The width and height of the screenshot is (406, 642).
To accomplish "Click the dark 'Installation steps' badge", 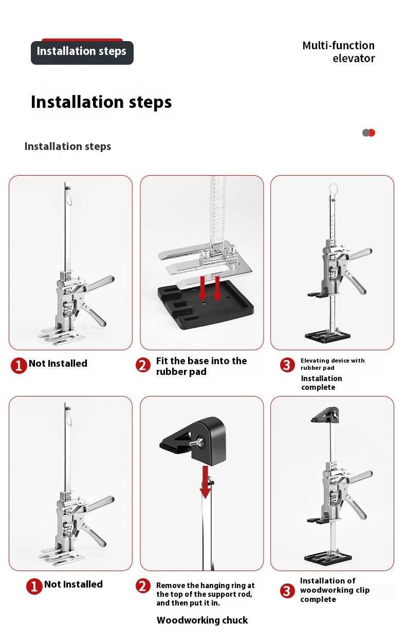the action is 82,52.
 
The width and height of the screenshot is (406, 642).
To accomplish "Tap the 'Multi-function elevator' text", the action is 339,52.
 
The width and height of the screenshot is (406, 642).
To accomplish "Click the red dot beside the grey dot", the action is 372,133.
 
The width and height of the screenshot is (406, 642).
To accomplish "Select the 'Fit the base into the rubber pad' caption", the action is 201,366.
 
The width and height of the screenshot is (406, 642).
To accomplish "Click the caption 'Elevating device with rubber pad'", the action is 333,364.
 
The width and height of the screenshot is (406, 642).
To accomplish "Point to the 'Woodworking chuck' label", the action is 202,620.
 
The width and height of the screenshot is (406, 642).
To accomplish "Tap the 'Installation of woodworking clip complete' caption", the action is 335,590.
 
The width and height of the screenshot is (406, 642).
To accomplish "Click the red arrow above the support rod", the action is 205,482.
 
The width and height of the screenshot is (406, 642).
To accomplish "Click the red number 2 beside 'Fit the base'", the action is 143,365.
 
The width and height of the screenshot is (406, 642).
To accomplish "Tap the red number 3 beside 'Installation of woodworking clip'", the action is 287,591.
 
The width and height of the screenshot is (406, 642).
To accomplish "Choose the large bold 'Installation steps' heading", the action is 101,102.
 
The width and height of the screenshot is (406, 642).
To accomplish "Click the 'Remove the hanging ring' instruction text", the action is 205,594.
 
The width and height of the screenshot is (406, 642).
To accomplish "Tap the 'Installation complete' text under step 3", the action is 321,383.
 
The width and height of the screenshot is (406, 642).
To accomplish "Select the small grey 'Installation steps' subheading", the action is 68,146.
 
